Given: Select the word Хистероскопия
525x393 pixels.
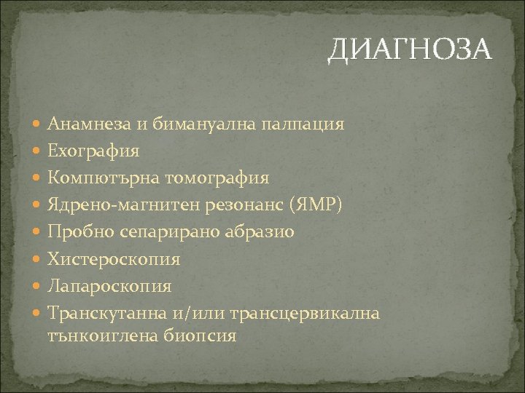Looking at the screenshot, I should (114, 258).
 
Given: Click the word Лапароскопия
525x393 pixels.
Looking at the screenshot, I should (110, 285).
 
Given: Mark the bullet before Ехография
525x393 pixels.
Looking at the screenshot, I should (37, 151).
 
